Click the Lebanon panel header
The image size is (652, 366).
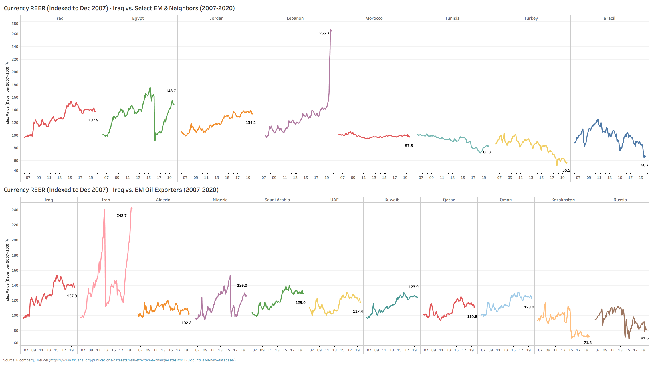pos(295,18)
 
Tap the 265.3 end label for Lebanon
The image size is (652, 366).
pos(324,33)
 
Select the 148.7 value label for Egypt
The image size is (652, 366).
pos(171,91)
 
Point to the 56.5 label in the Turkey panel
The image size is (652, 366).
pos(566,170)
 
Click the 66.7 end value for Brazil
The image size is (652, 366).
pos(645,165)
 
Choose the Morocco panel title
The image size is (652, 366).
pos(374,18)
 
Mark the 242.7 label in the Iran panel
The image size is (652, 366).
pos(122,216)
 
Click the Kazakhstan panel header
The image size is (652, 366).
pos(563,200)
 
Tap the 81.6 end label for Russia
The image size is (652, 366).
pos(645,338)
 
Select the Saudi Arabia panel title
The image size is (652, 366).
pos(277,200)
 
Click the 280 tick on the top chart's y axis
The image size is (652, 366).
pos(15,24)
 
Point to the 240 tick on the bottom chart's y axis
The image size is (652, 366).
pos(15,210)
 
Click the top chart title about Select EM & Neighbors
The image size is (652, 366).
pos(119,8)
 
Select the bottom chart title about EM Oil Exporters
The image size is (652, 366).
pos(111,190)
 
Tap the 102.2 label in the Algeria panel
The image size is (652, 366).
pos(186,323)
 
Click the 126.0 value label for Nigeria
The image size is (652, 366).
pos(242,286)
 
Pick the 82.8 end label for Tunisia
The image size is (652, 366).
pos(487,152)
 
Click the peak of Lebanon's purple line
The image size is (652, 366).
pos(331,30)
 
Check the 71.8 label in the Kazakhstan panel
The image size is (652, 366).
pos(588,343)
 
